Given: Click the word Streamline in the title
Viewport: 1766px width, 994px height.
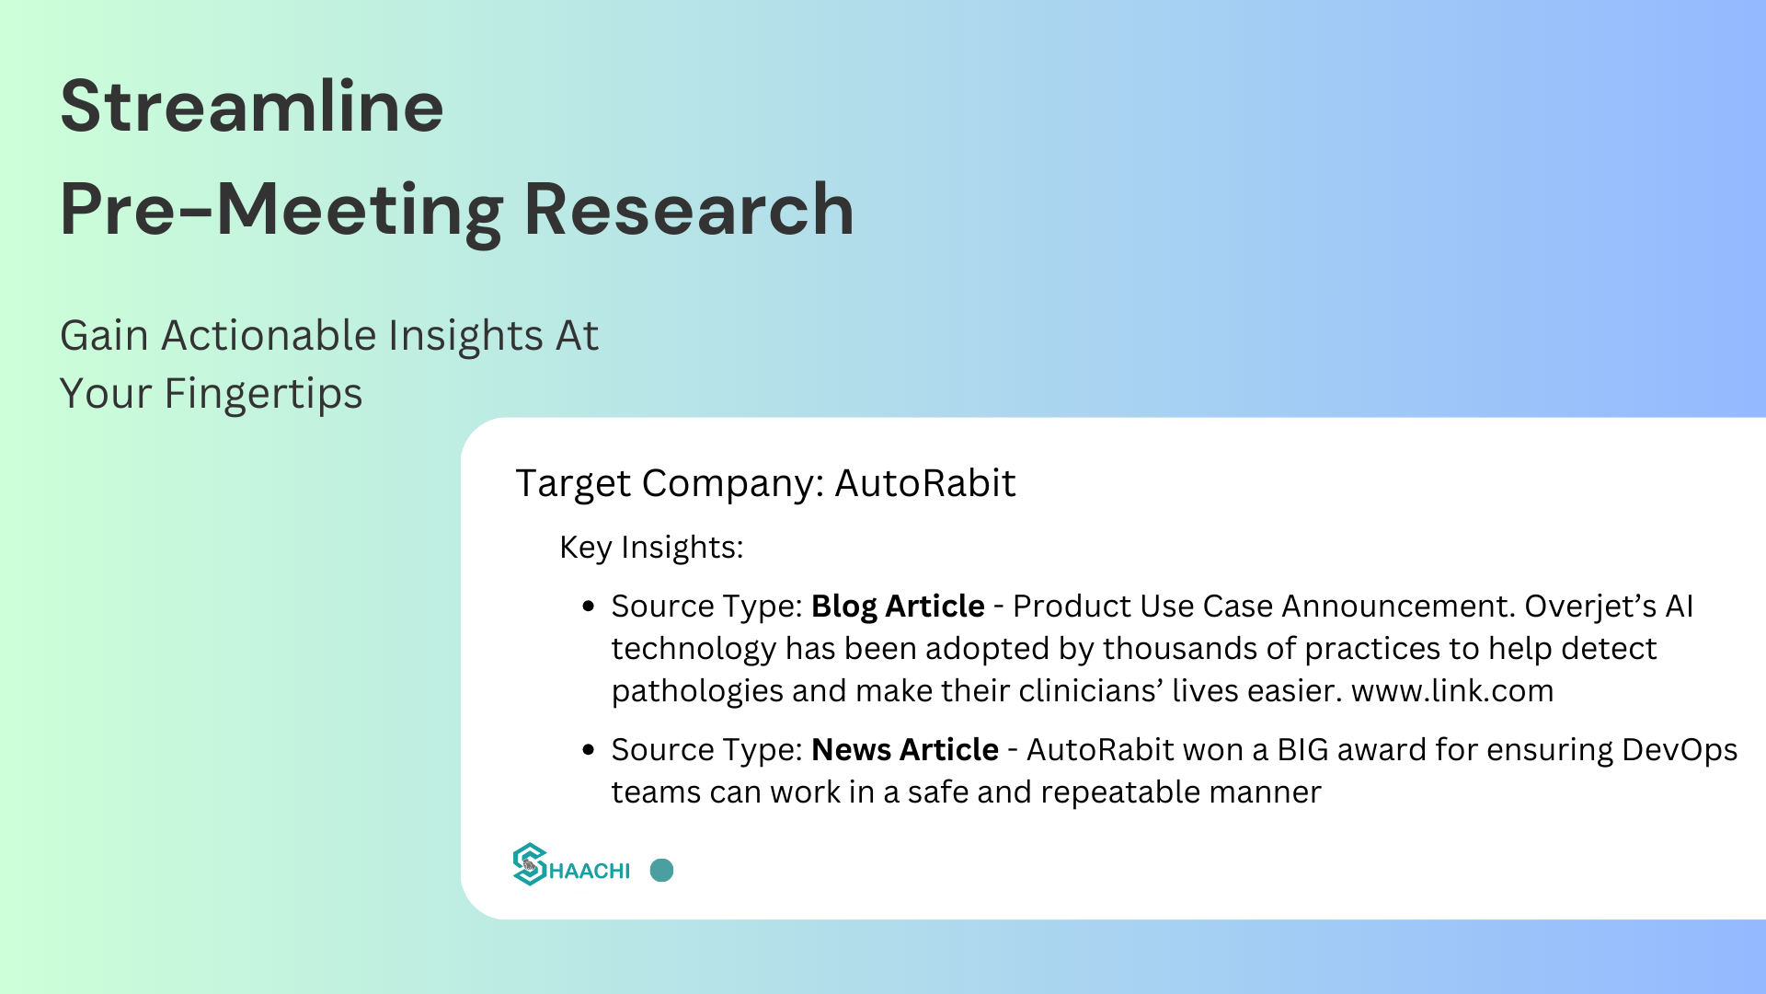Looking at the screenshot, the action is [252, 106].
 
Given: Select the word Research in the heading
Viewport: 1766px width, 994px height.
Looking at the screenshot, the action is [689, 210].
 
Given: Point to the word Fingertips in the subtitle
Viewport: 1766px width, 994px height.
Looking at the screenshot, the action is [263, 394].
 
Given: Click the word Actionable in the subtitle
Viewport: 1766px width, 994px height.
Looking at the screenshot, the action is [269, 335].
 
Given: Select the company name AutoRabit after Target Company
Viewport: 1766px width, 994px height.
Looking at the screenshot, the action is [925, 483].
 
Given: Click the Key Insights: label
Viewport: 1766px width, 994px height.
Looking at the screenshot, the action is [651, 548].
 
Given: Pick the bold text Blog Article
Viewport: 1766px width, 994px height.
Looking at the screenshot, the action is [898, 607].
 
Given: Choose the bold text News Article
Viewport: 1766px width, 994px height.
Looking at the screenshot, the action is [905, 750].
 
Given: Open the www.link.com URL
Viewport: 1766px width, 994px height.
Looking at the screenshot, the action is [1452, 691].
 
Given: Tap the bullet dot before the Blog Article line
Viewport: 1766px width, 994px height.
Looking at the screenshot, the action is [589, 607].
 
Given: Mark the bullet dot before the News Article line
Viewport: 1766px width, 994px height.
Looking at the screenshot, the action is [589, 750].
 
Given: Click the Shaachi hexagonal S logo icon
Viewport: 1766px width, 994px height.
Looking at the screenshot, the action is [530, 864].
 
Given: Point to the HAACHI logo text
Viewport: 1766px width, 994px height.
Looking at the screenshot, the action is [590, 871].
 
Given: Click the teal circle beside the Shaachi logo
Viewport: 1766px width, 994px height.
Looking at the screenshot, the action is [661, 871].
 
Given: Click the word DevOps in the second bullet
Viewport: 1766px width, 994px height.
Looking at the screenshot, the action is [1680, 751].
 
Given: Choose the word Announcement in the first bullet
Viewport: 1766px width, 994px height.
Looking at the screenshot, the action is [1399, 607].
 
